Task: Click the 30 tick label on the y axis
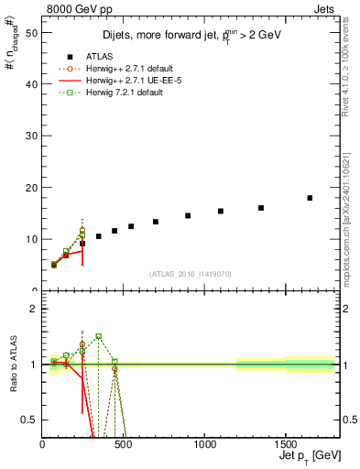(x=30, y=136)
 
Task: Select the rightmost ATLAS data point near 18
(x=310, y=198)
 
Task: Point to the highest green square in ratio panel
(x=98, y=336)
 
